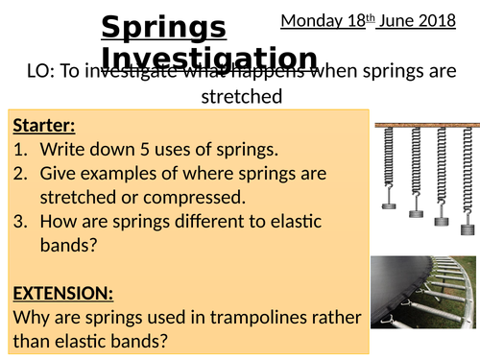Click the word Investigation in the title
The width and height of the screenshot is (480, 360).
[x=209, y=59]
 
